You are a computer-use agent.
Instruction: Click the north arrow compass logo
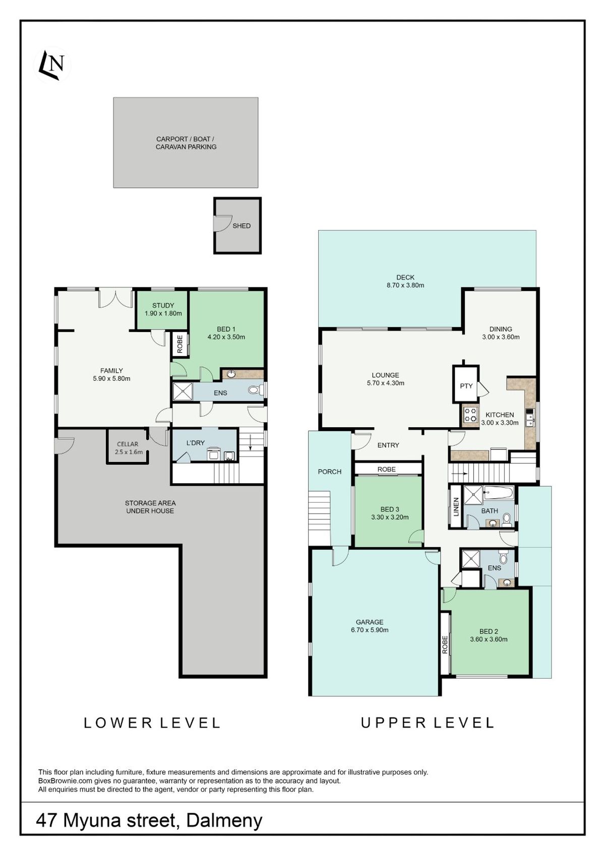pos(53,65)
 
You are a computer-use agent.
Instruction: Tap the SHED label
pos(241,226)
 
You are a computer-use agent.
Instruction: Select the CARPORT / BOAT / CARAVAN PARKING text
pos(186,143)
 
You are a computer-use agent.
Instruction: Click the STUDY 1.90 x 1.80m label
pos(163,309)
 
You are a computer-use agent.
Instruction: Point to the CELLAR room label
pos(128,444)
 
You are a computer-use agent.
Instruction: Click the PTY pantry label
pos(466,386)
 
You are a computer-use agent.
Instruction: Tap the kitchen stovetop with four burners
pos(470,415)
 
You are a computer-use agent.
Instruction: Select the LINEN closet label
pos(456,507)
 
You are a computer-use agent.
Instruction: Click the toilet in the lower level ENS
pos(255,390)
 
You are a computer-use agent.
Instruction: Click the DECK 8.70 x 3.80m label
pos(405,281)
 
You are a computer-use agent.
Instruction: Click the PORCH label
pos(329,472)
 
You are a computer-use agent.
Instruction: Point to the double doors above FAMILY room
pos(116,299)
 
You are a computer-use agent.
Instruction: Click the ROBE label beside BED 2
pos(445,645)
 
